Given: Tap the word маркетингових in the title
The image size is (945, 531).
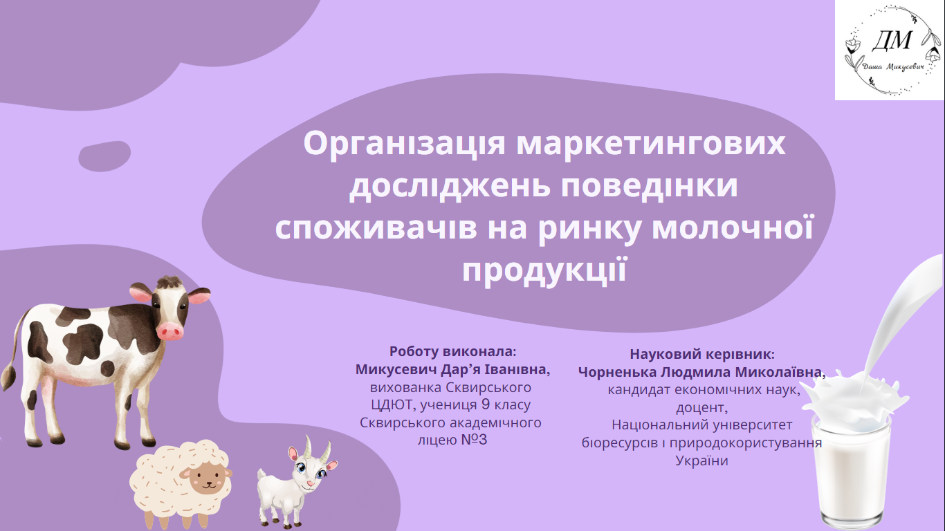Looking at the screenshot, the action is [x=651, y=143].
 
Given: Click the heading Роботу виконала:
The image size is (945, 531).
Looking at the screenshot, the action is [x=452, y=351].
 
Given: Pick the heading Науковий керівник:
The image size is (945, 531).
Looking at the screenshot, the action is [x=702, y=354].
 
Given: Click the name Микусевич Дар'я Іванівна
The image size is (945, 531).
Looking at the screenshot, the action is [x=452, y=369].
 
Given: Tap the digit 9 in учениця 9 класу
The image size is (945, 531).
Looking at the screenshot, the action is [x=486, y=404].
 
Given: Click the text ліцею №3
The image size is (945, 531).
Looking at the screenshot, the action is [x=452, y=440].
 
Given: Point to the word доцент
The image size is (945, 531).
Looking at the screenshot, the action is [x=701, y=407].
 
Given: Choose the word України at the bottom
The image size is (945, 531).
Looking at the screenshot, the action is [x=702, y=460].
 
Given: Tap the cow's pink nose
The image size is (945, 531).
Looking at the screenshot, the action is [x=170, y=331].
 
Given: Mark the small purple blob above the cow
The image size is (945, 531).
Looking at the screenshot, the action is [x=104, y=156].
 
